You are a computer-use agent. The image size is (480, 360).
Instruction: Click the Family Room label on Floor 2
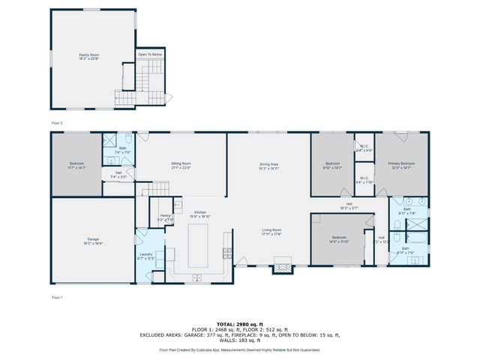(x=89, y=56)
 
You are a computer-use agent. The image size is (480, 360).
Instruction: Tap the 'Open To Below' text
(x=149, y=55)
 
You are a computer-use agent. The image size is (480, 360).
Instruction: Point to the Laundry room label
(x=146, y=256)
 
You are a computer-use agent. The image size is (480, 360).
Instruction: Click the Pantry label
(x=163, y=218)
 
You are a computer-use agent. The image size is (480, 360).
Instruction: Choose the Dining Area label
(x=269, y=166)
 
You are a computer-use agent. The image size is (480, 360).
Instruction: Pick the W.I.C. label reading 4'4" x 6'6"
(x=364, y=148)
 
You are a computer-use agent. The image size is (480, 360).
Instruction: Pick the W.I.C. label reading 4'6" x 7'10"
(x=364, y=180)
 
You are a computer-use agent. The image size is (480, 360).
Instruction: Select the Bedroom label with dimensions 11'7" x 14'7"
(x=76, y=166)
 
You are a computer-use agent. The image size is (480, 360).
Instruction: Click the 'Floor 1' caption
(x=57, y=298)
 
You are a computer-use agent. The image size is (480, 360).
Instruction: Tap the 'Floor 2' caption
(x=57, y=121)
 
